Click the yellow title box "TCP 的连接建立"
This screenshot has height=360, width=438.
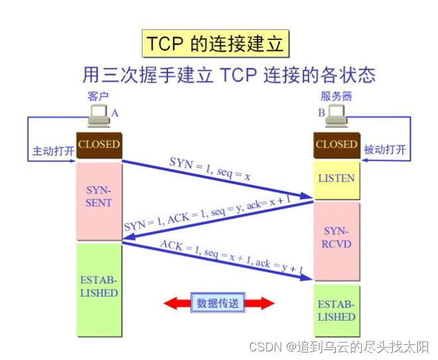coord(216,44)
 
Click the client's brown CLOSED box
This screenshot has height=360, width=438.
coord(99,144)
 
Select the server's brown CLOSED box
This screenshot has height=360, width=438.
coord(336,144)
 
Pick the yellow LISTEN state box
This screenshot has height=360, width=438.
coord(336,179)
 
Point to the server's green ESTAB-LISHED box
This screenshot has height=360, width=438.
coord(336,311)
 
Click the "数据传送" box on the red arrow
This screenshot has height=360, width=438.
coord(218,303)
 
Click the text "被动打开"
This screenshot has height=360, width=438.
coord(386,149)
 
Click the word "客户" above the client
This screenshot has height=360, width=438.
coord(98,97)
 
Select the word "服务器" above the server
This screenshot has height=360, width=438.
coord(336,97)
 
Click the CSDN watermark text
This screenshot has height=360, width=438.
coord(339,347)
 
